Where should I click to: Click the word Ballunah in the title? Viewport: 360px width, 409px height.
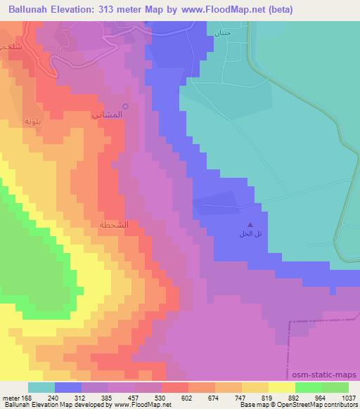30,10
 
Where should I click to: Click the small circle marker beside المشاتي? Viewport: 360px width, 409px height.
126,107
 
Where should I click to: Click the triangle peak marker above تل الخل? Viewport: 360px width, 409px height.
251,226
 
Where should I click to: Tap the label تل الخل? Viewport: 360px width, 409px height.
250,235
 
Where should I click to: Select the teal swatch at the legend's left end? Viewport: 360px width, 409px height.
41,387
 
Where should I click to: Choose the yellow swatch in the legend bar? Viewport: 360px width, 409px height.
282,387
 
